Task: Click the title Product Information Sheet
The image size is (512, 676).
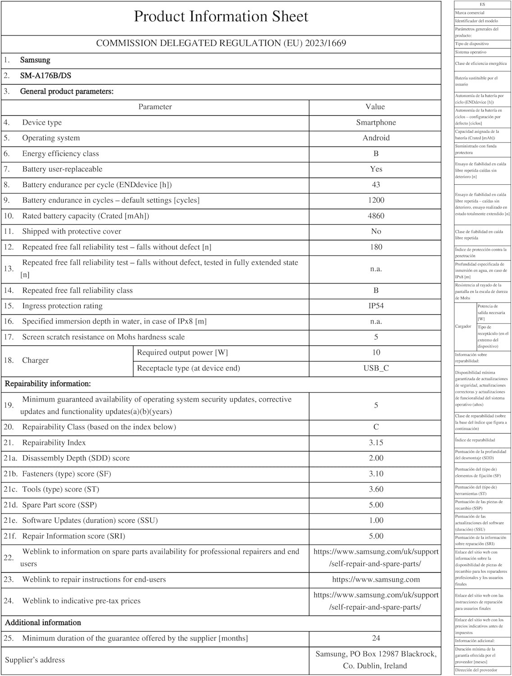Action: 221,17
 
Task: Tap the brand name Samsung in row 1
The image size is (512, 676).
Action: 35,60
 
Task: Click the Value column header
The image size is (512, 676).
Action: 375,107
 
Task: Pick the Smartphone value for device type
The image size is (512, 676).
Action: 376,123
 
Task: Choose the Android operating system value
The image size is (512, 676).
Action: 376,138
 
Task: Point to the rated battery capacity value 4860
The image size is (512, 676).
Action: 376,216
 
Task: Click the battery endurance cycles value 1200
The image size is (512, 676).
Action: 376,200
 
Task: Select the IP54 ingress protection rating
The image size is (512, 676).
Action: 376,306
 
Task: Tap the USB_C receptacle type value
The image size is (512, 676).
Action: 376,368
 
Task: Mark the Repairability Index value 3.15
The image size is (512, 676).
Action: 376,443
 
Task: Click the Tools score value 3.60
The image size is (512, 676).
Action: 376,489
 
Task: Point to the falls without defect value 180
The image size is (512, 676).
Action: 376,247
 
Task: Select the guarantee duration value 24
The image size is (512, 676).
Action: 376,638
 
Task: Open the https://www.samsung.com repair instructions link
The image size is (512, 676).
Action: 376,580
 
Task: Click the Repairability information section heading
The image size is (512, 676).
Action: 48,384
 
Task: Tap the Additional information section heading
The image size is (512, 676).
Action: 43,623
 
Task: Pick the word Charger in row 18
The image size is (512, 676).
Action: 35,361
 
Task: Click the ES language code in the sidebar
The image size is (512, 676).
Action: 482,5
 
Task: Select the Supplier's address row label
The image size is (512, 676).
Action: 35,660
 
